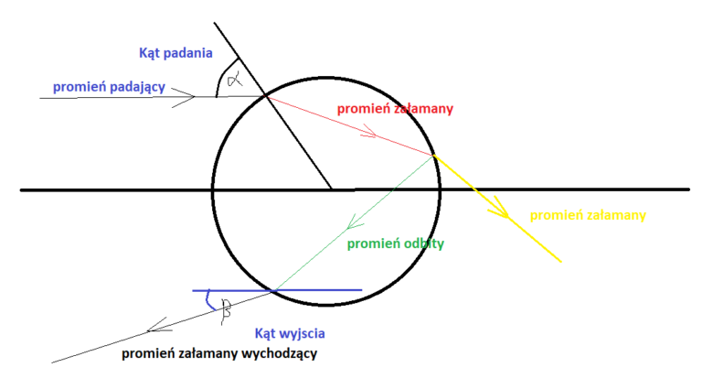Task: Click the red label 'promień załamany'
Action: pyautogui.click(x=395, y=109)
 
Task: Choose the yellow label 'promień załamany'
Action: pyautogui.click(x=588, y=216)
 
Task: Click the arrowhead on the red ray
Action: pyautogui.click(x=370, y=135)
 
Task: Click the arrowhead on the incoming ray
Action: pyautogui.click(x=188, y=95)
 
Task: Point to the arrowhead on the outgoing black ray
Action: pyautogui.click(x=155, y=324)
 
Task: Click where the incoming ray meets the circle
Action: pyautogui.click(x=265, y=95)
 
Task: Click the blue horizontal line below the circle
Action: pyautogui.click(x=320, y=290)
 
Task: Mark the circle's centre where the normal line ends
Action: pyautogui.click(x=331, y=189)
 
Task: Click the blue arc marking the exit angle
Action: pyautogui.click(x=209, y=300)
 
